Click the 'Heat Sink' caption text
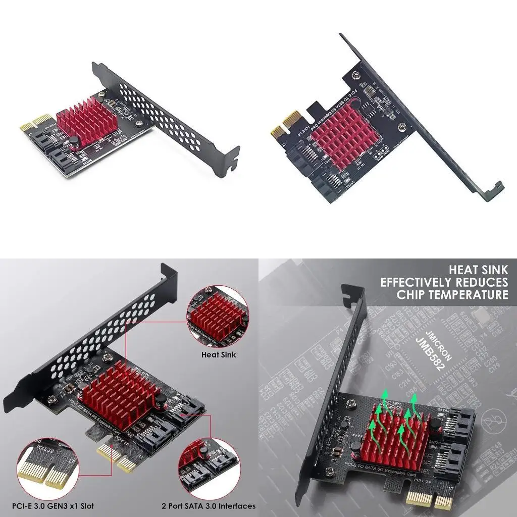tap(218, 354)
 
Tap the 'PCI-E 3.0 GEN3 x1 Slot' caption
tap(55, 505)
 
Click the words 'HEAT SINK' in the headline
tap(479, 270)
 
